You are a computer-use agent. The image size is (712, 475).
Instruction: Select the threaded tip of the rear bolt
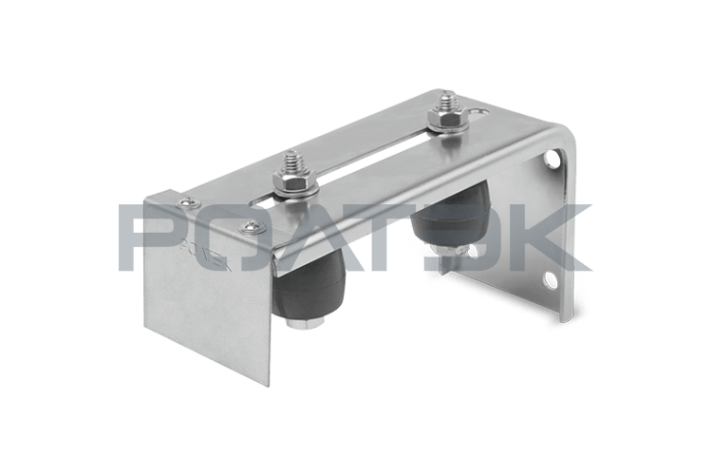coord(441,100)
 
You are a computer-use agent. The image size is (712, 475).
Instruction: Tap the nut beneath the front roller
coord(305,323)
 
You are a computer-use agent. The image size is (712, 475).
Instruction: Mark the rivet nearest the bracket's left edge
coord(186,202)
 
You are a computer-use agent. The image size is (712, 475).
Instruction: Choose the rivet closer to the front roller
coord(251,226)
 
